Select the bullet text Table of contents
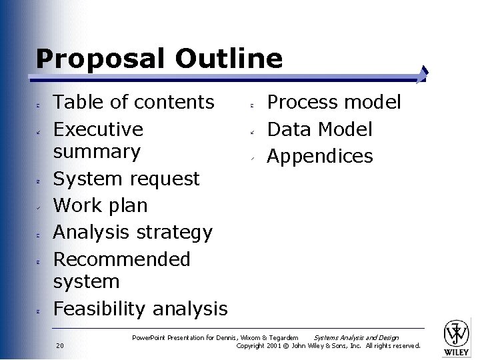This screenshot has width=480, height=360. point(133,102)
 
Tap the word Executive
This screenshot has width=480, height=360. point(98,129)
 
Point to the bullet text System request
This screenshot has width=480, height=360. point(126,179)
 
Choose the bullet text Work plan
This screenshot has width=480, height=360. point(100,205)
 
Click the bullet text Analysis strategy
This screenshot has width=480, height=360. point(132,232)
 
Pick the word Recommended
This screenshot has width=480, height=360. point(121,259)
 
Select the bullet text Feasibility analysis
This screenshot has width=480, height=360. point(140,309)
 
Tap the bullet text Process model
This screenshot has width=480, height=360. point(334,102)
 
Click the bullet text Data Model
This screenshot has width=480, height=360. point(319,129)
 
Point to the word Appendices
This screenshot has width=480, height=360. point(320,156)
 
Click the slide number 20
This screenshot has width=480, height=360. point(60,345)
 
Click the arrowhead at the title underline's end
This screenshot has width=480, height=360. point(424,74)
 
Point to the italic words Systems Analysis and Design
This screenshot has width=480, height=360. point(356,337)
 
